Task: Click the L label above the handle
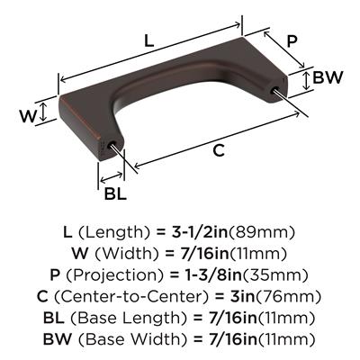(148, 40)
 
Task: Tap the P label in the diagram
(291, 41)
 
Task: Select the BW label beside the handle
(328, 77)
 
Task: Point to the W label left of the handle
(28, 116)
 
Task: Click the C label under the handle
(219, 150)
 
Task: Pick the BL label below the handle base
(115, 193)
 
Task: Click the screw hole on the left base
(112, 144)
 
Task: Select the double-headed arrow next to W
(44, 112)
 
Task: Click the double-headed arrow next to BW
(306, 80)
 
